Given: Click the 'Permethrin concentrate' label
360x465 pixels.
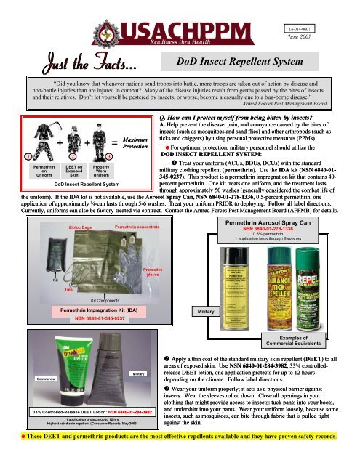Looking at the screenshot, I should click(x=140, y=228).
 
